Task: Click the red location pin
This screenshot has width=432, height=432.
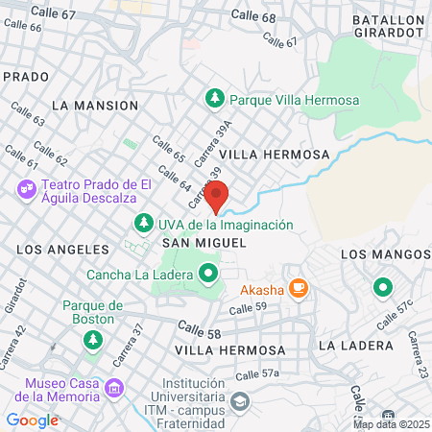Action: click(217, 195)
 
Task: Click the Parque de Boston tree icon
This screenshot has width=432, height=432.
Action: click(93, 339)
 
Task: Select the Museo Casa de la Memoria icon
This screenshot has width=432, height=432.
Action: click(115, 389)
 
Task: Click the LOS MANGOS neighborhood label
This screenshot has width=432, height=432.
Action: click(386, 253)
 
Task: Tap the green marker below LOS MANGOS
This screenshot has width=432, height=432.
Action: click(382, 286)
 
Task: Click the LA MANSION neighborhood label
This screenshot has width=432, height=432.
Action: click(95, 104)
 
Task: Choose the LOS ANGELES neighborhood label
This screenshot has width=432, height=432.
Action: click(62, 248)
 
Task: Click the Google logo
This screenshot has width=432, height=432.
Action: click(33, 420)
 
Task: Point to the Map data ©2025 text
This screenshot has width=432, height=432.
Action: click(391, 423)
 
